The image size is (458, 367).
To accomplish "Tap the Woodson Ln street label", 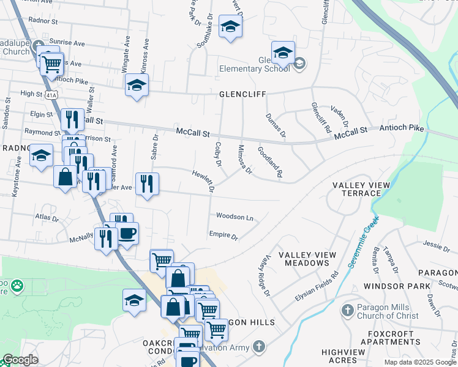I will (235, 217).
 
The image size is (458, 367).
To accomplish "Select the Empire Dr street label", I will (223, 234).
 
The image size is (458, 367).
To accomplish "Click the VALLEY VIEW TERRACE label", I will (356, 189).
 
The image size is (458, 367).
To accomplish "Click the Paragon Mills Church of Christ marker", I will (347, 311).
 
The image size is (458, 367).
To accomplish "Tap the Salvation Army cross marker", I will (259, 347).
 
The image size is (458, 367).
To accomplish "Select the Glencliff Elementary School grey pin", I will (299, 63).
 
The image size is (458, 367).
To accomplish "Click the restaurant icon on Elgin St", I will (72, 119).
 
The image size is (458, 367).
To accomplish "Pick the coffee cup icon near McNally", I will (127, 234).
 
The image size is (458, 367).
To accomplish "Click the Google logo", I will (20, 360).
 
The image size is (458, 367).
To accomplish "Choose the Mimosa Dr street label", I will (244, 159).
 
